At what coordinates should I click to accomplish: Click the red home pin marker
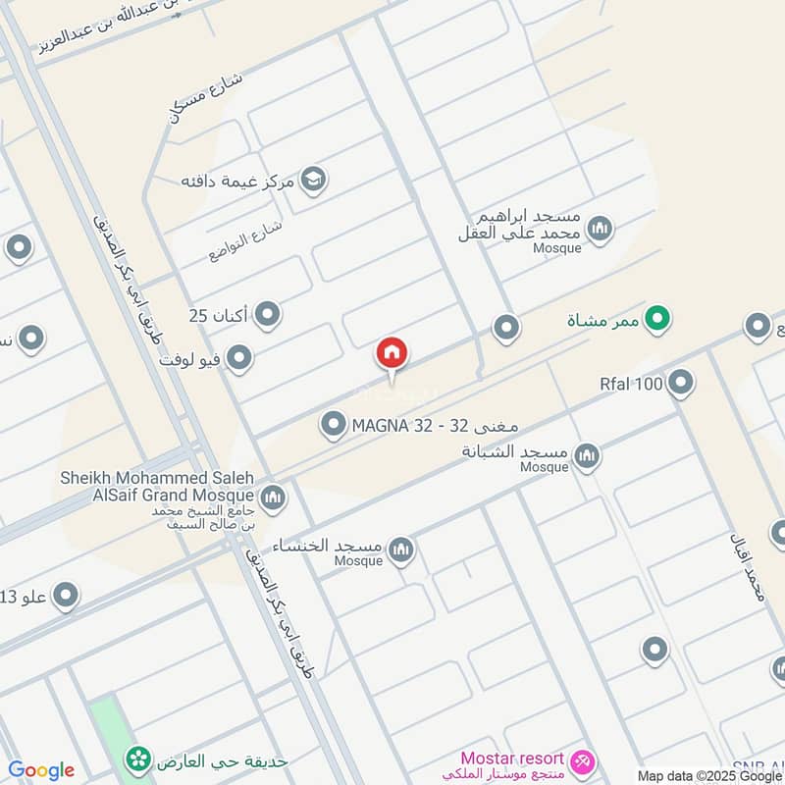(x=392, y=354)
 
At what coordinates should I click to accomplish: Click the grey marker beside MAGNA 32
(x=334, y=425)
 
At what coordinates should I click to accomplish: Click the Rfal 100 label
(x=631, y=384)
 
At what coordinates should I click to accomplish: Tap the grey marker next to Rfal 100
(x=681, y=383)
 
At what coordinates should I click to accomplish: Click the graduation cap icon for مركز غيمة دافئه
(x=313, y=181)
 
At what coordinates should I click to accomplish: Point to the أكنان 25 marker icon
(x=267, y=315)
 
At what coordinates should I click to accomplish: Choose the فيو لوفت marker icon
(x=238, y=358)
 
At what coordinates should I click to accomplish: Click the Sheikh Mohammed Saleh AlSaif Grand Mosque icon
(x=273, y=497)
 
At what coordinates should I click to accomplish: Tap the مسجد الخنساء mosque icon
(x=400, y=550)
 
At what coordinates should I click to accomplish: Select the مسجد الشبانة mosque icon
(x=587, y=454)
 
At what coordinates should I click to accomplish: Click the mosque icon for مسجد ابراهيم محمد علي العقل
(x=600, y=230)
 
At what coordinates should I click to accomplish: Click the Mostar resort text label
(x=513, y=759)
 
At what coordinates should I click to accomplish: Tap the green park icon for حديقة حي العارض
(x=137, y=759)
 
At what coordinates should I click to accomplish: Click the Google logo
(x=41, y=770)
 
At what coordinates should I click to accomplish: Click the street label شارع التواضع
(x=245, y=240)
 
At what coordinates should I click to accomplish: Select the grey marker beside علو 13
(x=65, y=595)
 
